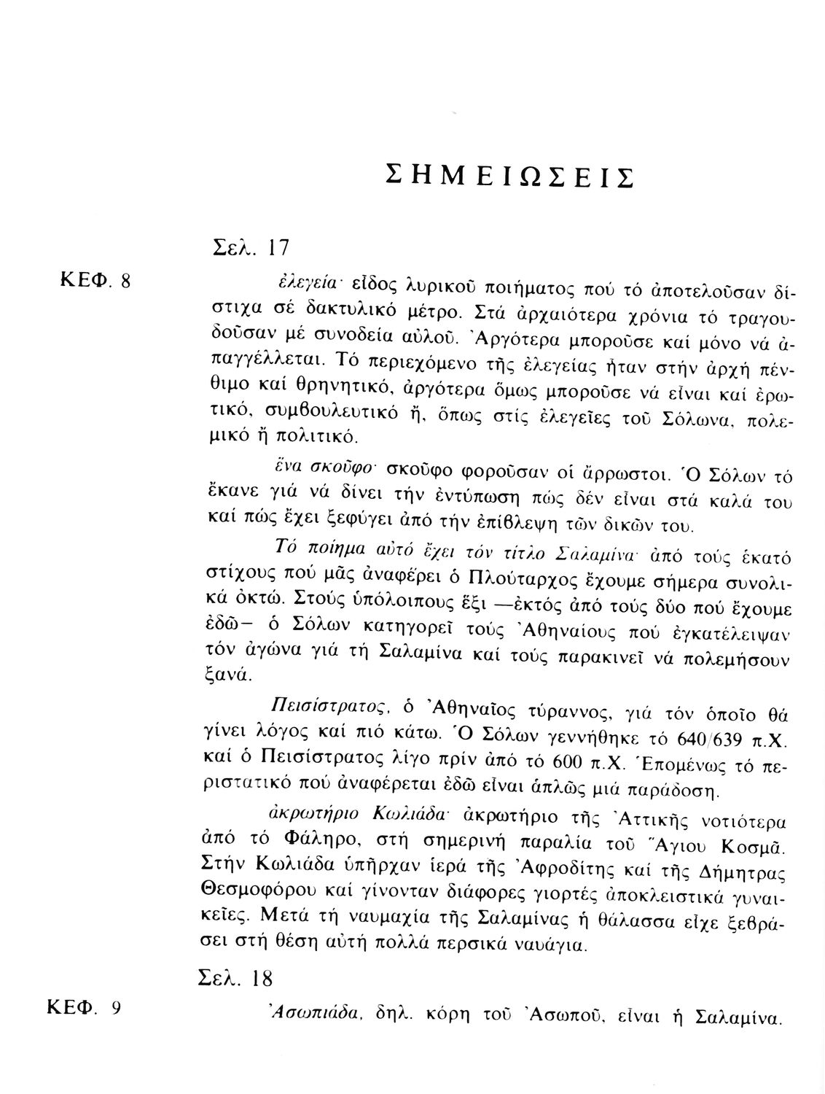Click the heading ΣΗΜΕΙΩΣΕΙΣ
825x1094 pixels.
[x=508, y=177]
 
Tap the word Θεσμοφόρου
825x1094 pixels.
[x=250, y=896]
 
